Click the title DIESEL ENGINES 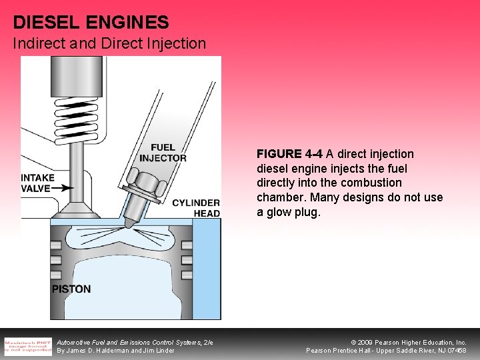tap(91, 23)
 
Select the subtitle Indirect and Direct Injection tap(109, 45)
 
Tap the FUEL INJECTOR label tap(163, 153)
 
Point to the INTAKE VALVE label tap(37, 183)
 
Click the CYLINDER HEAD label tap(195, 207)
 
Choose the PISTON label tap(71, 289)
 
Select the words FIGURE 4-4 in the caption tap(289, 154)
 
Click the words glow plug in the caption tap(293, 213)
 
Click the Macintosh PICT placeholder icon tap(27, 345)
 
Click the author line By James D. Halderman tap(115, 350)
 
